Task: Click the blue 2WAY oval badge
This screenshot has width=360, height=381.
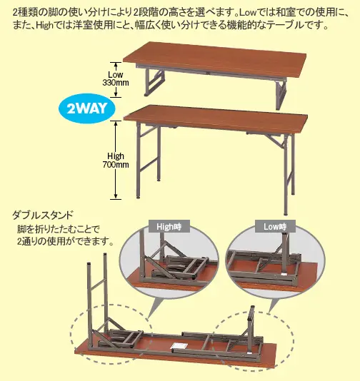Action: [87, 108]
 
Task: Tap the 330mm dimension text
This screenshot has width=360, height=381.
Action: [116, 83]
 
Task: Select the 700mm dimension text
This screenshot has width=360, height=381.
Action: [116, 165]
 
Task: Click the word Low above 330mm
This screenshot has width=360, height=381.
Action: [116, 74]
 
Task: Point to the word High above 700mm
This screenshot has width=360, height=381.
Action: [116, 156]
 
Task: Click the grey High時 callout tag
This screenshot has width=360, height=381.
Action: [169, 226]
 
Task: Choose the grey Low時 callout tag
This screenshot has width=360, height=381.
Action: [275, 226]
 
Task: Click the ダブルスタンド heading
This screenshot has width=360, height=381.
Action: [43, 215]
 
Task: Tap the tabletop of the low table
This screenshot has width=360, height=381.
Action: [215, 60]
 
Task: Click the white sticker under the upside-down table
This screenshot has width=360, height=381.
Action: [179, 346]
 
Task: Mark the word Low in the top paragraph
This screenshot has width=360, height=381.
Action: [247, 13]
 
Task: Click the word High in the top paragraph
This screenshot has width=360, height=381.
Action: [44, 26]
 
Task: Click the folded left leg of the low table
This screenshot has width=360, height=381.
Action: [154, 82]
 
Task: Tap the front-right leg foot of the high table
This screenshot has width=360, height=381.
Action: [286, 213]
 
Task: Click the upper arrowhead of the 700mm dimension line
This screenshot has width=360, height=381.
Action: [116, 123]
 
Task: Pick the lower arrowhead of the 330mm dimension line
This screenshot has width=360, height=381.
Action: [116, 95]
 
